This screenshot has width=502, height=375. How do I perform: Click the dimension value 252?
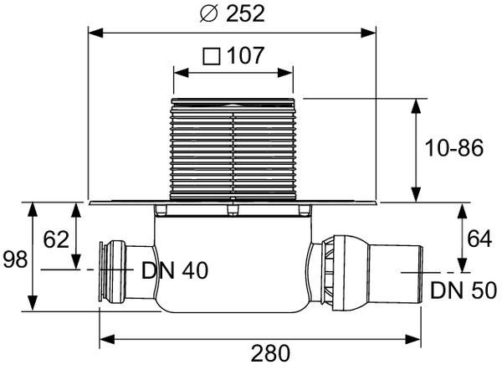point(245,13)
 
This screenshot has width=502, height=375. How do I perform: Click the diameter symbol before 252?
point(209,13)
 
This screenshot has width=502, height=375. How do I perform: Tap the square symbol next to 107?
point(212,56)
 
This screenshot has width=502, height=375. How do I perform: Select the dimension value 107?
point(245,56)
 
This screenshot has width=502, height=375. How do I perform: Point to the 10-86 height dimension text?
point(454,148)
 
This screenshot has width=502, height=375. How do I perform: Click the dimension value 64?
point(479,239)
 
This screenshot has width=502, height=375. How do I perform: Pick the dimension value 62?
point(56,239)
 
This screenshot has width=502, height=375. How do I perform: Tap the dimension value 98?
point(15,259)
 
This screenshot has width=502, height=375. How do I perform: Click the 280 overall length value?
point(270,353)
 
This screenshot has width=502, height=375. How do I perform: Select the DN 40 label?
point(175,270)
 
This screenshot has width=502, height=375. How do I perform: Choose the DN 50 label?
point(464,290)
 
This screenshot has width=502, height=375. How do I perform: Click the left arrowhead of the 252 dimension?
point(95,33)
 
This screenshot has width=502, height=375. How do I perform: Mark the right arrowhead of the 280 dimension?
point(413,339)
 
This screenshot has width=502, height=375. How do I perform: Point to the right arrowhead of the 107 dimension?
point(285,73)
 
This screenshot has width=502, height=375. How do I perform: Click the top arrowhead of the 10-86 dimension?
point(416,106)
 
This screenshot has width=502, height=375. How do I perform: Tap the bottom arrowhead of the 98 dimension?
point(33,303)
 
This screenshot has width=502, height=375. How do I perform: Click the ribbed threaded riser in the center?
point(233,149)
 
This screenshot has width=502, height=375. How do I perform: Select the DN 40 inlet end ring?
point(103,271)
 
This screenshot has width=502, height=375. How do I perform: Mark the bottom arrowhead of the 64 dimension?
point(462,265)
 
